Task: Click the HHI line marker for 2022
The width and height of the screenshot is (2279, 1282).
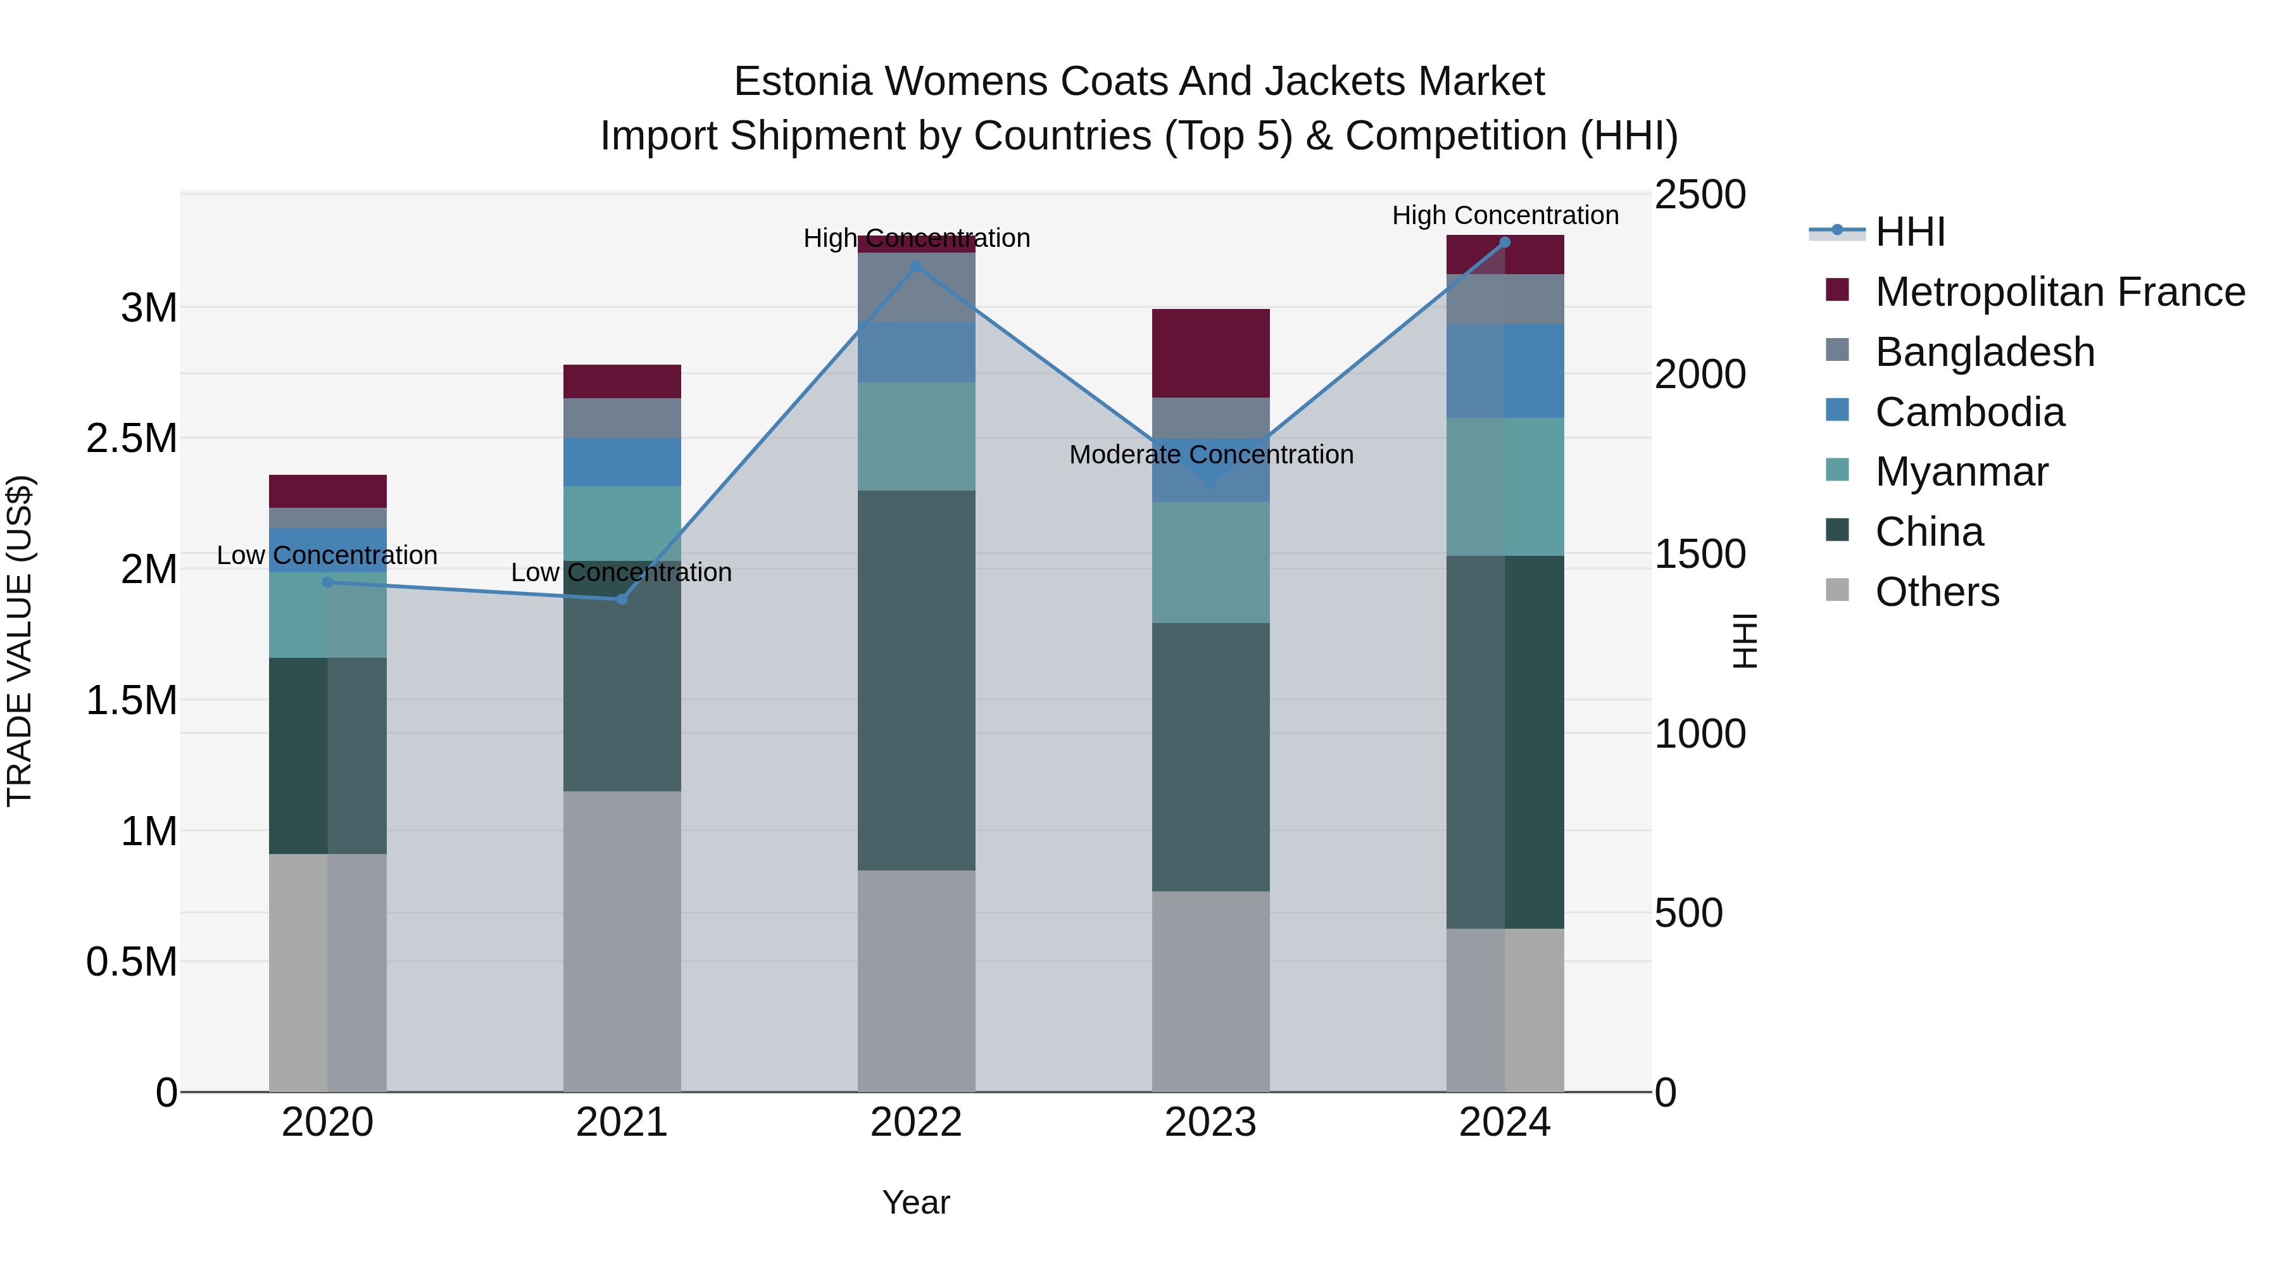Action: pyautogui.click(x=915, y=265)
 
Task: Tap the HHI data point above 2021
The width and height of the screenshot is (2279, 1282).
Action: pyautogui.click(x=621, y=599)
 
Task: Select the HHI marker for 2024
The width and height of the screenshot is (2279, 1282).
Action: pyautogui.click(x=1504, y=242)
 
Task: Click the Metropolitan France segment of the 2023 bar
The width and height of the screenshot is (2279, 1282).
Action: pyautogui.click(x=1210, y=353)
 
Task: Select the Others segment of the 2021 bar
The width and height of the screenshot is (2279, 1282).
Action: pyautogui.click(x=621, y=941)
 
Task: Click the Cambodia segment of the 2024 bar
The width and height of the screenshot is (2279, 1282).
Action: pyautogui.click(x=1504, y=371)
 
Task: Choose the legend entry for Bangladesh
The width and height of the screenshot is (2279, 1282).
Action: pyautogui.click(x=1985, y=352)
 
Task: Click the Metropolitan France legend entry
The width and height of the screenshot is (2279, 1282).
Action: pyautogui.click(x=2059, y=292)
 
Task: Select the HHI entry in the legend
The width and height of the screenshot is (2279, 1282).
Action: pyautogui.click(x=1909, y=232)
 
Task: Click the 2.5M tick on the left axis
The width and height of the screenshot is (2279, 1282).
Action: pyautogui.click(x=132, y=439)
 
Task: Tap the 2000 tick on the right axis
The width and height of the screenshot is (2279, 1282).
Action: pyautogui.click(x=1700, y=374)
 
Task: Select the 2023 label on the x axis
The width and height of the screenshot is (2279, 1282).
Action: pyautogui.click(x=1210, y=1122)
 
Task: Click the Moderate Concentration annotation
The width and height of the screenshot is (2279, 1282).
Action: pyautogui.click(x=1210, y=455)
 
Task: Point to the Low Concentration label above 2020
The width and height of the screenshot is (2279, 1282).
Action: pyautogui.click(x=327, y=556)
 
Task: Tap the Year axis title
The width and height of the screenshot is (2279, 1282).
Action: pyautogui.click(x=915, y=1202)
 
